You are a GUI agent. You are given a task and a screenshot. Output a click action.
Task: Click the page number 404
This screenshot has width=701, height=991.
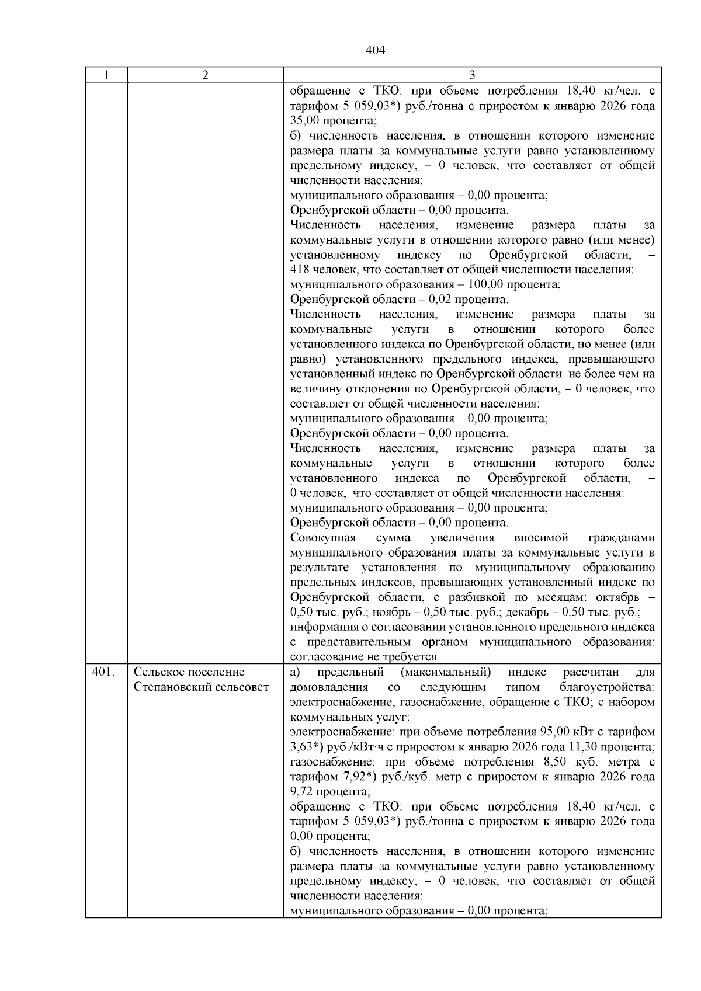(375, 50)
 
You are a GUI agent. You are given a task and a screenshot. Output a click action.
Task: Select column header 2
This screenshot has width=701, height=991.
(205, 75)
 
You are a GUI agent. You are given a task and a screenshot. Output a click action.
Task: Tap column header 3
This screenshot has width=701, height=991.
(472, 75)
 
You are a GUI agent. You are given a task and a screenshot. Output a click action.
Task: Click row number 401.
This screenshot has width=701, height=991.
(103, 672)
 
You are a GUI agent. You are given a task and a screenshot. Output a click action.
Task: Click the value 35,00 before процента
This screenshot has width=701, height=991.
(304, 121)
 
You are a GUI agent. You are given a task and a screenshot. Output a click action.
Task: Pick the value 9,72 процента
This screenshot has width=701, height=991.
(301, 791)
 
